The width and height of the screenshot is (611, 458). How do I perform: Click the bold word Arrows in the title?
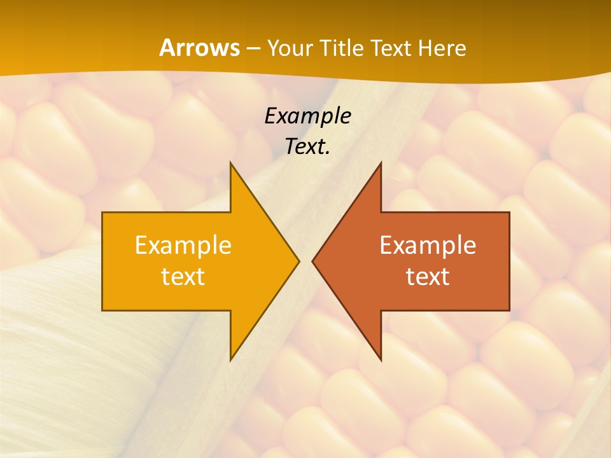pos(199,48)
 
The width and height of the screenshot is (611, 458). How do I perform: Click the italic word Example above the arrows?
pos(307,116)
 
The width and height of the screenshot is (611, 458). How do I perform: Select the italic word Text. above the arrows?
pos(307,146)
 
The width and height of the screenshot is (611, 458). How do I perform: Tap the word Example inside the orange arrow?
pos(183,245)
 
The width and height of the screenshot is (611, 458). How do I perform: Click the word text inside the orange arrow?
pos(183,277)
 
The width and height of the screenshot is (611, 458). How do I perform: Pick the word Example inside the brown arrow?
pos(428,245)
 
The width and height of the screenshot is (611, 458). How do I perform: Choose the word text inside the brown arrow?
pos(428,277)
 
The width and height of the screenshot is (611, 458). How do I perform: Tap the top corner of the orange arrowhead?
pos(231,163)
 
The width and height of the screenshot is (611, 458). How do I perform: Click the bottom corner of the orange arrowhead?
pos(231,359)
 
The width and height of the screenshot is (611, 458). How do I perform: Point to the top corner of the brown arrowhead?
pos(381,163)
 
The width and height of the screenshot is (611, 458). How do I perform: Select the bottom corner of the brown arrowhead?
pos(381,359)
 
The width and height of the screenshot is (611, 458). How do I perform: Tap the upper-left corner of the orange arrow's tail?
pos(103,213)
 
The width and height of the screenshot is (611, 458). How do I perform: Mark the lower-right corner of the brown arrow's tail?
pos(509,310)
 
